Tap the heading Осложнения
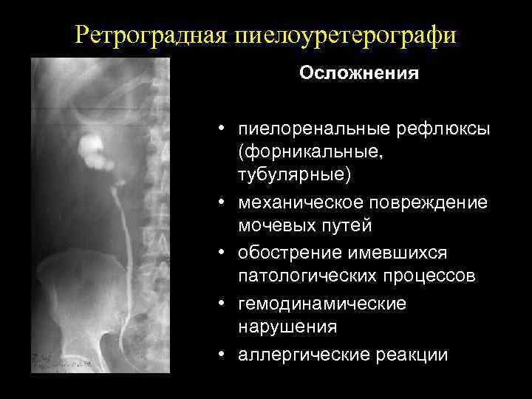358,74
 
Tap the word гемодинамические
322,304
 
